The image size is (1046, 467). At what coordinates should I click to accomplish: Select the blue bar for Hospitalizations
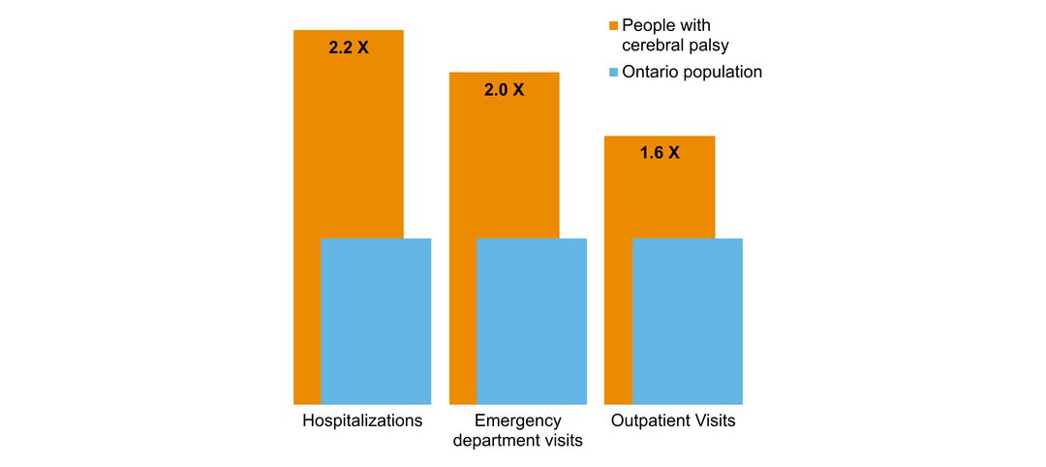pos(376,321)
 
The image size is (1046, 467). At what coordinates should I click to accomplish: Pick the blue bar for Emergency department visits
pos(532,321)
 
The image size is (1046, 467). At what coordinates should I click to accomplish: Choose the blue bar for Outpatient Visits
pos(688,321)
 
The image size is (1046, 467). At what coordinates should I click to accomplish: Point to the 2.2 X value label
pos(349,47)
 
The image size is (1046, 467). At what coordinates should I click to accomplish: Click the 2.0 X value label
pos(504,90)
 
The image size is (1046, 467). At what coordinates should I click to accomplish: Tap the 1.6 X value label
pos(660,152)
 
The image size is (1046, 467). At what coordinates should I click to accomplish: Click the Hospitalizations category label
pos(362,421)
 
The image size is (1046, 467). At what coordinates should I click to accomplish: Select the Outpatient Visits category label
pos(673,421)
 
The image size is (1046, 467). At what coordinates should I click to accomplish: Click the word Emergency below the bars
pos(518,421)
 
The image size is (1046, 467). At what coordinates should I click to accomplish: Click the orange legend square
pos(613,25)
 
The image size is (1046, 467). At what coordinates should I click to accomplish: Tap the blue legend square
pos(613,73)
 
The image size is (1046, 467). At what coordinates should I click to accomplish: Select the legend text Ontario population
pos(692,73)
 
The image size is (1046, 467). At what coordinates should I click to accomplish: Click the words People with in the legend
pos(665,25)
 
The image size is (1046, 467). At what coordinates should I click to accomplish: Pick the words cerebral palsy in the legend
pos(674,45)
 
